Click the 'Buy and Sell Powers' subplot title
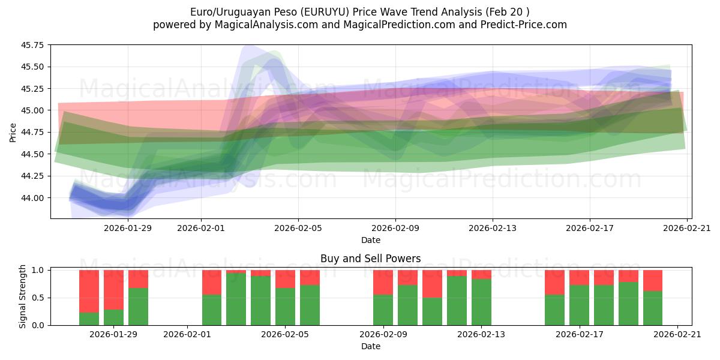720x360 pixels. click(x=370, y=259)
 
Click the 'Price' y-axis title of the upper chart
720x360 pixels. click(x=13, y=132)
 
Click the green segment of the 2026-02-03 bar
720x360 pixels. click(x=236, y=300)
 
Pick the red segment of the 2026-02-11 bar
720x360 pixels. click(x=432, y=283)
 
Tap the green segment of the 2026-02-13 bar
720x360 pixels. click(x=481, y=302)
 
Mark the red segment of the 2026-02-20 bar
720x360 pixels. click(x=653, y=280)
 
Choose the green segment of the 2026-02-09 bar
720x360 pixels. click(x=383, y=310)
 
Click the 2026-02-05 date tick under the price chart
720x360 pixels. click(x=298, y=228)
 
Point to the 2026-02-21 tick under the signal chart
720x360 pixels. click(x=677, y=334)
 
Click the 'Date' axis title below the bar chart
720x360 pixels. click(x=370, y=346)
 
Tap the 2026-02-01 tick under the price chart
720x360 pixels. click(x=201, y=228)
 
